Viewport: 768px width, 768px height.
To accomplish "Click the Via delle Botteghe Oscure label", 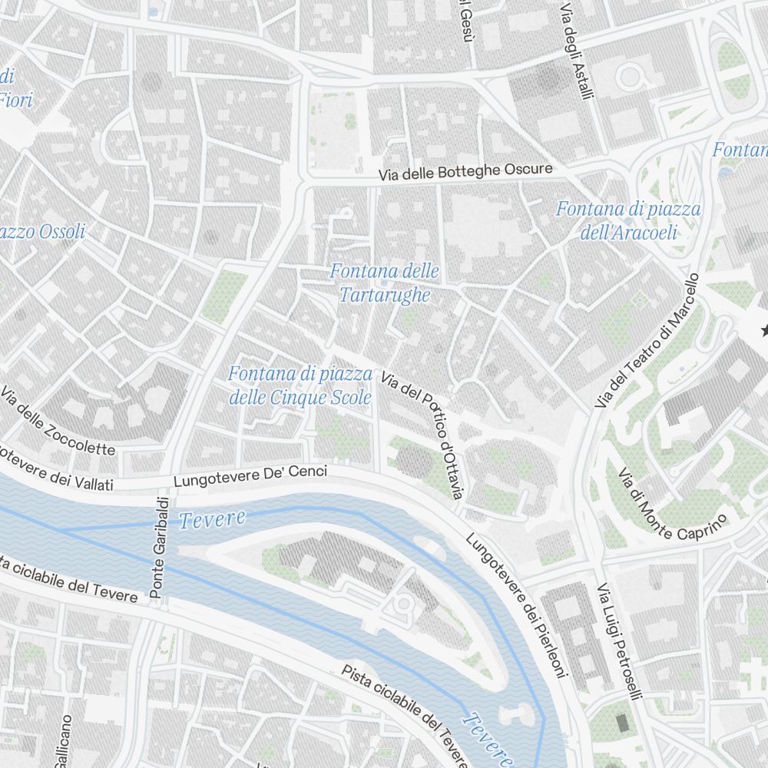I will click(465, 172).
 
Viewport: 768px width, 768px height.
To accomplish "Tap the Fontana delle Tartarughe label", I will click(384, 283).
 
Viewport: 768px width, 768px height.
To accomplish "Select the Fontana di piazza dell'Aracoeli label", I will click(628, 220).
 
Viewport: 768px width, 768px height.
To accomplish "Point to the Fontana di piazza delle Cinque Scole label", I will click(300, 386).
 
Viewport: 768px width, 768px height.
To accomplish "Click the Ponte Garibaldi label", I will click(158, 546).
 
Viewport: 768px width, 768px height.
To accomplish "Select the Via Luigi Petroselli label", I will click(618, 642).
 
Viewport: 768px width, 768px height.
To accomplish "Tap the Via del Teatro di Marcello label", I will click(649, 340).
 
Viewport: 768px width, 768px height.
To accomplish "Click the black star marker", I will click(764, 330).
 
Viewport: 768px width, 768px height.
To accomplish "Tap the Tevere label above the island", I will click(212, 519).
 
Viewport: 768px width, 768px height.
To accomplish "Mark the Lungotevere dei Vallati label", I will click(54, 472).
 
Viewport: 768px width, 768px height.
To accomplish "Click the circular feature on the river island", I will click(402, 604).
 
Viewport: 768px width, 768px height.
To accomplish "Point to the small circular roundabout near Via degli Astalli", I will click(631, 76).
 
